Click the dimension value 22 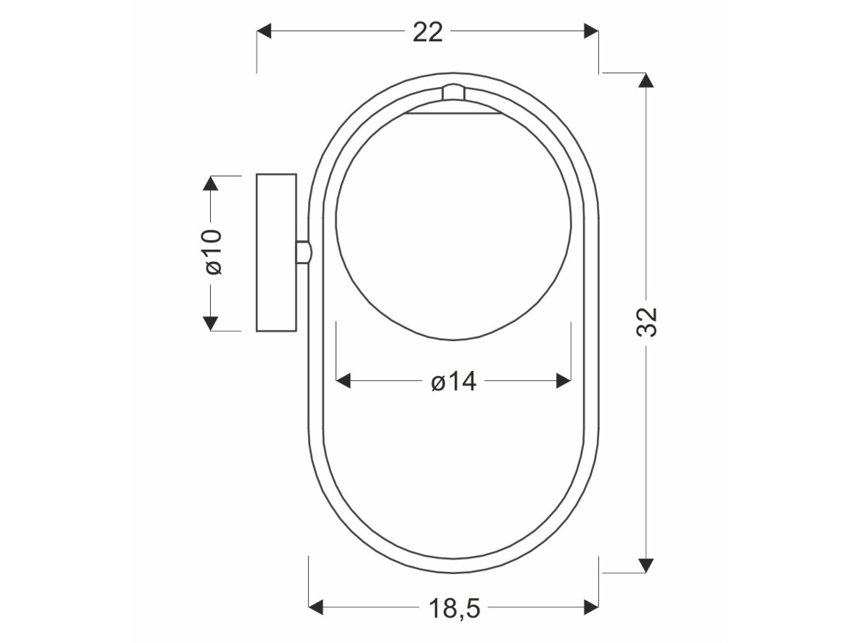pos(427,32)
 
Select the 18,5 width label pos(454,608)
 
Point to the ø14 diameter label pos(453,381)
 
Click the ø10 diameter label pos(213,252)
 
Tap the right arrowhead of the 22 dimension pos(591,31)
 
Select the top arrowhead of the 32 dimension pos(646,80)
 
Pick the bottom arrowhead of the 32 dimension pos(646,565)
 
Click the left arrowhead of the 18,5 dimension pos(316,607)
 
